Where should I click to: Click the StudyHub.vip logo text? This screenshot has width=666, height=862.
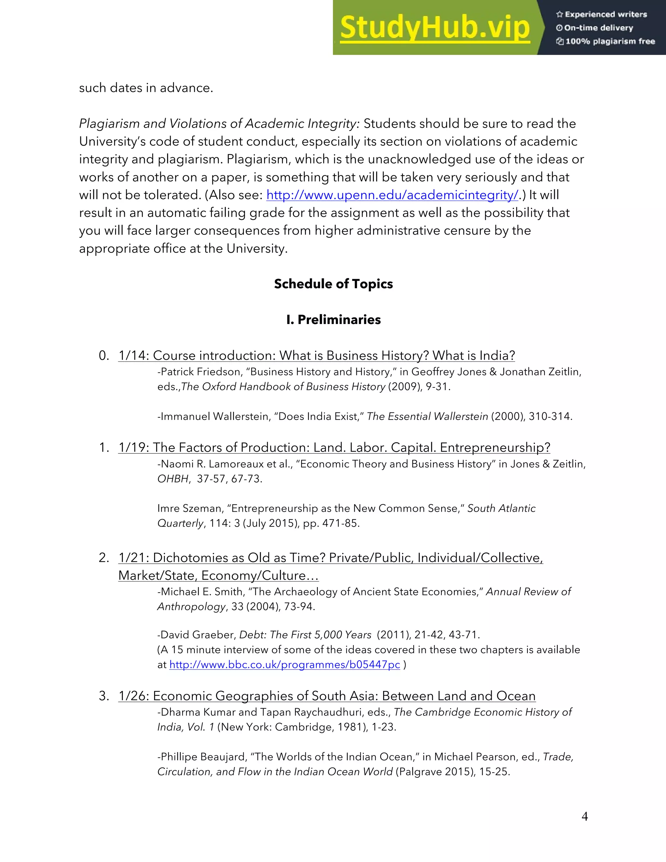(x=434, y=28)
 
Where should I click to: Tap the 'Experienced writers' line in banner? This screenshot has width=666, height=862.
(x=602, y=15)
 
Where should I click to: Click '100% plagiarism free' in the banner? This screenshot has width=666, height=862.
(x=606, y=41)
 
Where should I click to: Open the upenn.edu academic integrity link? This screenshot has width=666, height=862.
(x=392, y=195)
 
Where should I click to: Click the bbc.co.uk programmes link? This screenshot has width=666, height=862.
(x=285, y=665)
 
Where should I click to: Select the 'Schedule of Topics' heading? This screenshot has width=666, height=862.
(x=333, y=284)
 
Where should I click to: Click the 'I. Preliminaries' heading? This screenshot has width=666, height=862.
(x=333, y=320)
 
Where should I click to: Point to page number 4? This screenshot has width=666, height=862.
(x=585, y=816)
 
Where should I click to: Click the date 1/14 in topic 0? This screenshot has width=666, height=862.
(x=132, y=356)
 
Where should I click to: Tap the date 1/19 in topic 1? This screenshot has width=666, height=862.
(x=132, y=448)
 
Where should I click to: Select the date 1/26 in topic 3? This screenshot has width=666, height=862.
(x=132, y=696)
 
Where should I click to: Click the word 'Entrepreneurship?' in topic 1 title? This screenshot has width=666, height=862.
(x=495, y=448)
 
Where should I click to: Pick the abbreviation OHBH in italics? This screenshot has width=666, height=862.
(x=173, y=479)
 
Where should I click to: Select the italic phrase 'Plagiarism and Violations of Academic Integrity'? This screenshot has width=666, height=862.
(x=219, y=124)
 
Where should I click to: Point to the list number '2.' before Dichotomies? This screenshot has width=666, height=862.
(x=104, y=558)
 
